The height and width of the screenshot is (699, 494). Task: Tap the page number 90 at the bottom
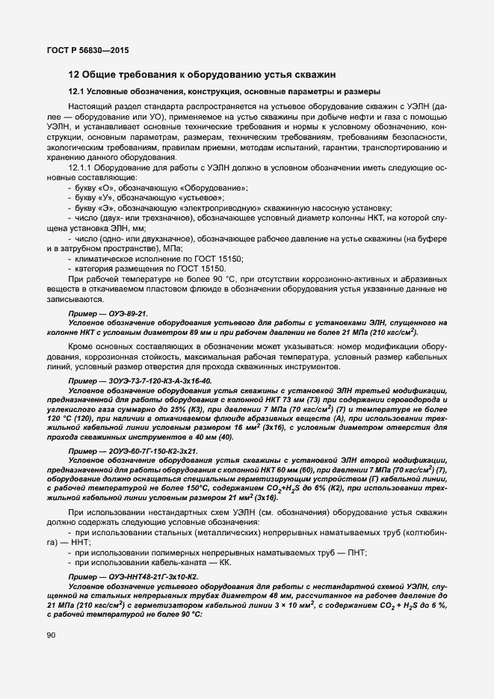click(x=51, y=656)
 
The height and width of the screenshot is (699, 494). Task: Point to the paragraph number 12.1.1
click(x=82, y=169)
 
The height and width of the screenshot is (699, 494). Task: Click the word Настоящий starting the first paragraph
click(x=90, y=107)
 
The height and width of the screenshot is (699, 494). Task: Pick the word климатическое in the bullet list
click(x=101, y=258)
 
